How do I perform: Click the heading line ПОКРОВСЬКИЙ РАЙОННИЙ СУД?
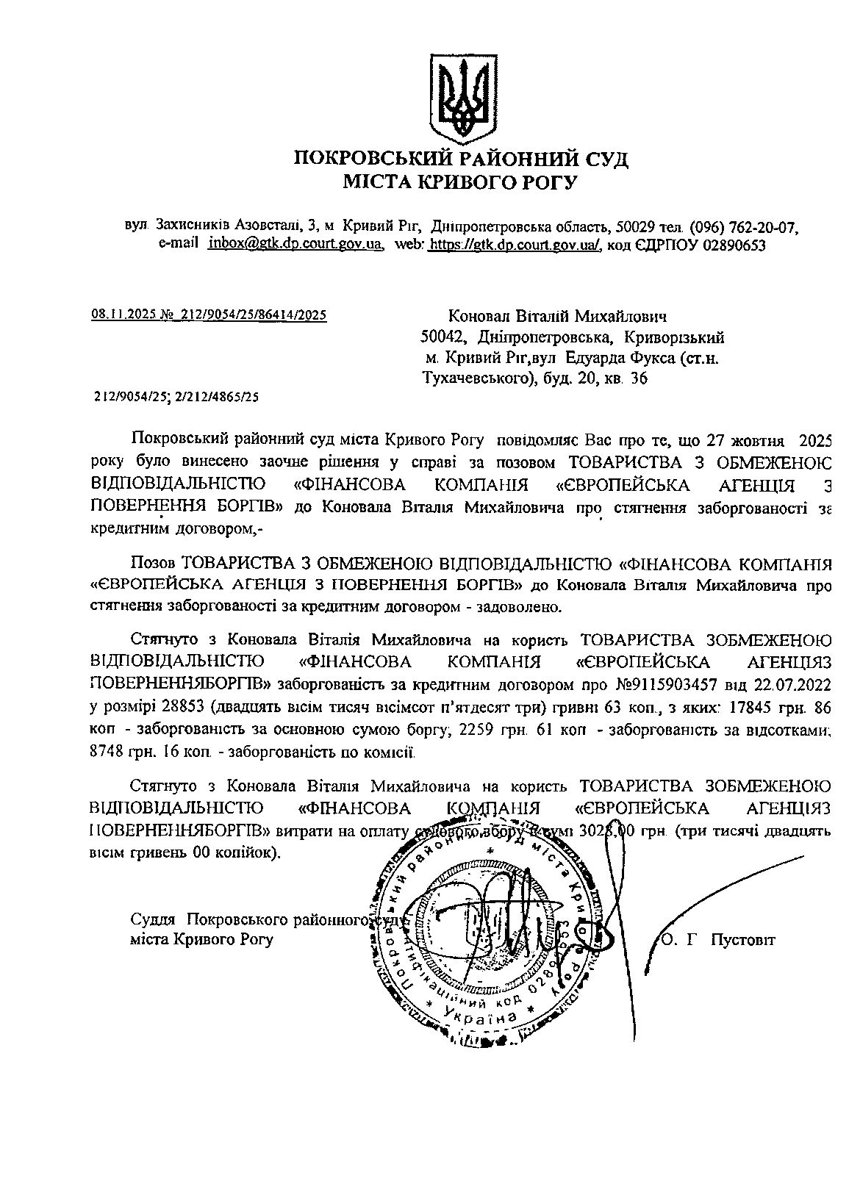[x=461, y=158]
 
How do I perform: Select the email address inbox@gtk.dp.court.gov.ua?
[x=296, y=245]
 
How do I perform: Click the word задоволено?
[x=522, y=607]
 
